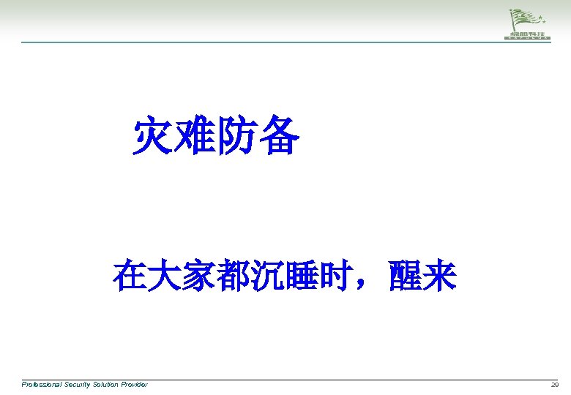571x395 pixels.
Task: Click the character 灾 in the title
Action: tap(153, 137)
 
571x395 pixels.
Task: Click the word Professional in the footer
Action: tap(41, 384)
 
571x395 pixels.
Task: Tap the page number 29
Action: tap(554, 384)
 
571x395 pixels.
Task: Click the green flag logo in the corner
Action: tap(529, 23)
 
